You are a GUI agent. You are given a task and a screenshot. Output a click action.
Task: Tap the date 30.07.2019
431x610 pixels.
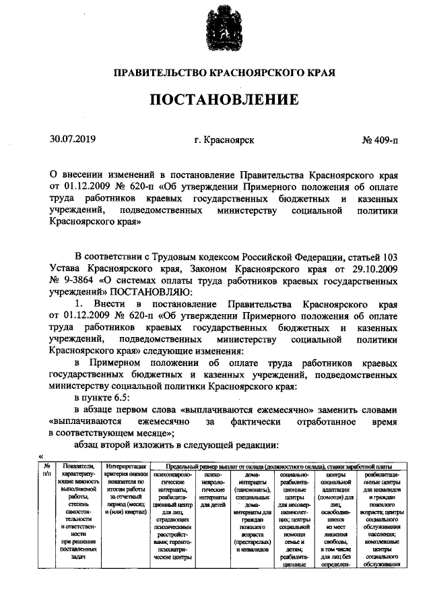[73, 140]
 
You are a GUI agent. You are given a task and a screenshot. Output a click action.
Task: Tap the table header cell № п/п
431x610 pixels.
[46, 470]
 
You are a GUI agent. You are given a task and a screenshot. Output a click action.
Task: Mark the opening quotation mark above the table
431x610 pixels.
[42, 455]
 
